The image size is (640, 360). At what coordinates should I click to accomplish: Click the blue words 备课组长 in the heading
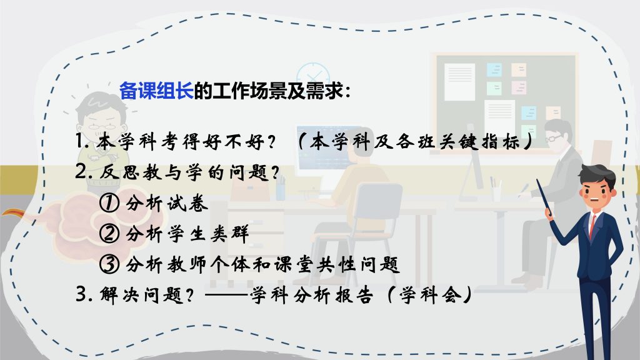(156, 91)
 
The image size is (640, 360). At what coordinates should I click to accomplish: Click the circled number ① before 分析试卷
(109, 203)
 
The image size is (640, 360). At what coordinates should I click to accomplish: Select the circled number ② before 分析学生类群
(109, 234)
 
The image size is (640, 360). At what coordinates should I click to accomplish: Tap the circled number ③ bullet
(109, 264)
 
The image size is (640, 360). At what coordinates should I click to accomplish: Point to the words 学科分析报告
(311, 295)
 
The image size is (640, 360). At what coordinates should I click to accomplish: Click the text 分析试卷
(167, 203)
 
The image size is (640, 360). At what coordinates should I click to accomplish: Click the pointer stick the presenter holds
(544, 198)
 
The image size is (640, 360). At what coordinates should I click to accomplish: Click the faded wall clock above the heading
(313, 76)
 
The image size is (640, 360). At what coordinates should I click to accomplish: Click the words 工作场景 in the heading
(250, 91)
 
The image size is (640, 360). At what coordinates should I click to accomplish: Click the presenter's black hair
(597, 174)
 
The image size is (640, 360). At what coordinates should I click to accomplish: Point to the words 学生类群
(208, 234)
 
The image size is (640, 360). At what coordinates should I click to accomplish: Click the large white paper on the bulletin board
(459, 82)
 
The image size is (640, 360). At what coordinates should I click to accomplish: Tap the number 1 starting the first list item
(80, 142)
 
